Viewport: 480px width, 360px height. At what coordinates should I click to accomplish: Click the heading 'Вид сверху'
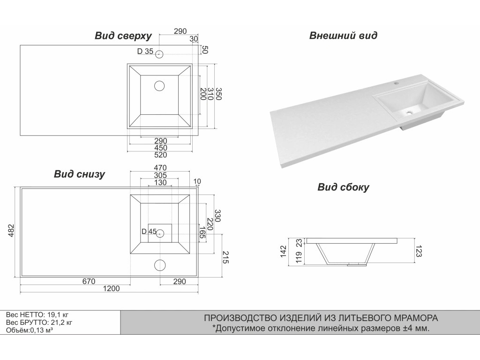coord(123,36)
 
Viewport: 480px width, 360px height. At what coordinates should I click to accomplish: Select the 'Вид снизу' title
coord(79,174)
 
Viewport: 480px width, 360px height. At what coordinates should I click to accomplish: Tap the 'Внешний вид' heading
coord(343,36)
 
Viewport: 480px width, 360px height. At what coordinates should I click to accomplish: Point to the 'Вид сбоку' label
coord(343,187)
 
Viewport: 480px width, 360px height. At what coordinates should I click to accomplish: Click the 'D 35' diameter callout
coord(145,52)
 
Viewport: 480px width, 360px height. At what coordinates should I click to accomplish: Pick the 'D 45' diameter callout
coord(149,231)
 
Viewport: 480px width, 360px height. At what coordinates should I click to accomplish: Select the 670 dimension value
coord(89,281)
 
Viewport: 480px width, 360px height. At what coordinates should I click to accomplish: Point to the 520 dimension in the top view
coord(160,155)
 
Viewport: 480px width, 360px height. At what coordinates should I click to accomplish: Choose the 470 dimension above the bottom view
coord(160,168)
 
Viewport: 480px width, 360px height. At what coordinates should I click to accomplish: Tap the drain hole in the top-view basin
coord(160,86)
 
